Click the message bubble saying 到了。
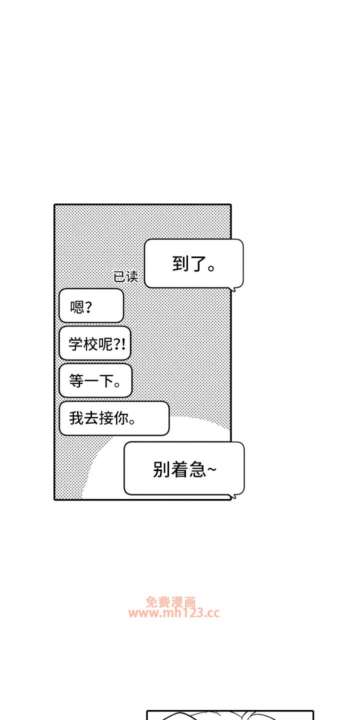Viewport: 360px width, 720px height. tap(193, 263)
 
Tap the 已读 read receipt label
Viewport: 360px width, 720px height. tap(125, 276)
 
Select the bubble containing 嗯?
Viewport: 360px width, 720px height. tap(91, 305)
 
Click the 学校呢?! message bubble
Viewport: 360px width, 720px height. tap(94, 343)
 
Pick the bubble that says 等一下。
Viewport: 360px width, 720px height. tap(95, 380)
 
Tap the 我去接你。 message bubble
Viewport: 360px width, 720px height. tap(114, 418)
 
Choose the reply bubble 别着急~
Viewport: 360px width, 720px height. tap(183, 468)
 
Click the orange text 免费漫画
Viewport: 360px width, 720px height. tap(170, 602)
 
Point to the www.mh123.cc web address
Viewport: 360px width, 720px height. tap(173, 613)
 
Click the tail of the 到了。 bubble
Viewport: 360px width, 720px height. tap(232, 288)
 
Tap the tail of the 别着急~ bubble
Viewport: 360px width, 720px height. tap(231, 496)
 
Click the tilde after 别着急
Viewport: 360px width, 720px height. tap(212, 469)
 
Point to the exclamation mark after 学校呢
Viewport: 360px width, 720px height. tap(122, 344)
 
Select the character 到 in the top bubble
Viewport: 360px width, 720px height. tap(180, 264)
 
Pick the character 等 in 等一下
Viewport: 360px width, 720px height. tap(76, 381)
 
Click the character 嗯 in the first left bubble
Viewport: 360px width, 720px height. tap(77, 306)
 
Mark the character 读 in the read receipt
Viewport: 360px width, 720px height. tap(132, 276)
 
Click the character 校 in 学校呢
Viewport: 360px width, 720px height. tap(90, 344)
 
